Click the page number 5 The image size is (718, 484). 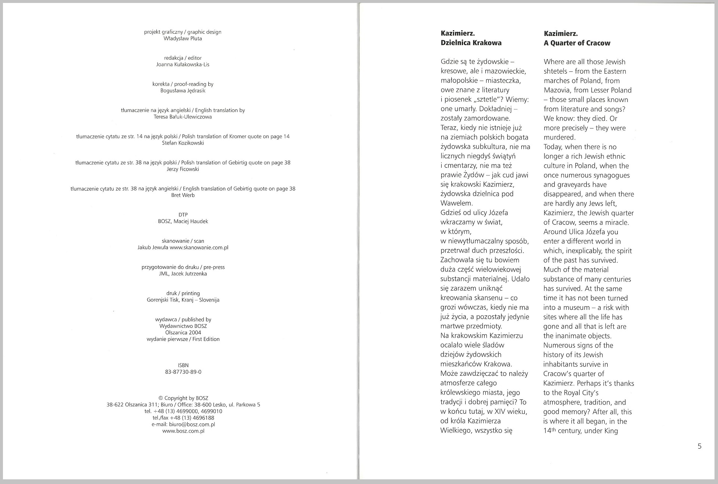[699, 446]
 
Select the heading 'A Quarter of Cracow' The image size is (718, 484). [577, 43]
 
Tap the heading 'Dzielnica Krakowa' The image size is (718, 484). [471, 43]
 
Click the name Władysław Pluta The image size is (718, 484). [182, 38]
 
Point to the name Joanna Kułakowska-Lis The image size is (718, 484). [182, 65]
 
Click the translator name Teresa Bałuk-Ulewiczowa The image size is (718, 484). [182, 117]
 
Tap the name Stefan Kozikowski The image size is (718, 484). [182, 143]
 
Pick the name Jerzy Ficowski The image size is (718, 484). [182, 169]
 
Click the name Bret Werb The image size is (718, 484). [182, 195]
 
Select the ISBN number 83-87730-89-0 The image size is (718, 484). [183, 372]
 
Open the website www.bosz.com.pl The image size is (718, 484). [183, 431]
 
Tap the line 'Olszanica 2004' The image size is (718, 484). [183, 332]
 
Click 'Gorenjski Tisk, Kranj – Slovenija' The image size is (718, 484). [183, 300]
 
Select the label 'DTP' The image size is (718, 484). [183, 215]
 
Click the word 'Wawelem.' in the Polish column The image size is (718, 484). [457, 204]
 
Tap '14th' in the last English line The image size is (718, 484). [549, 431]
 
